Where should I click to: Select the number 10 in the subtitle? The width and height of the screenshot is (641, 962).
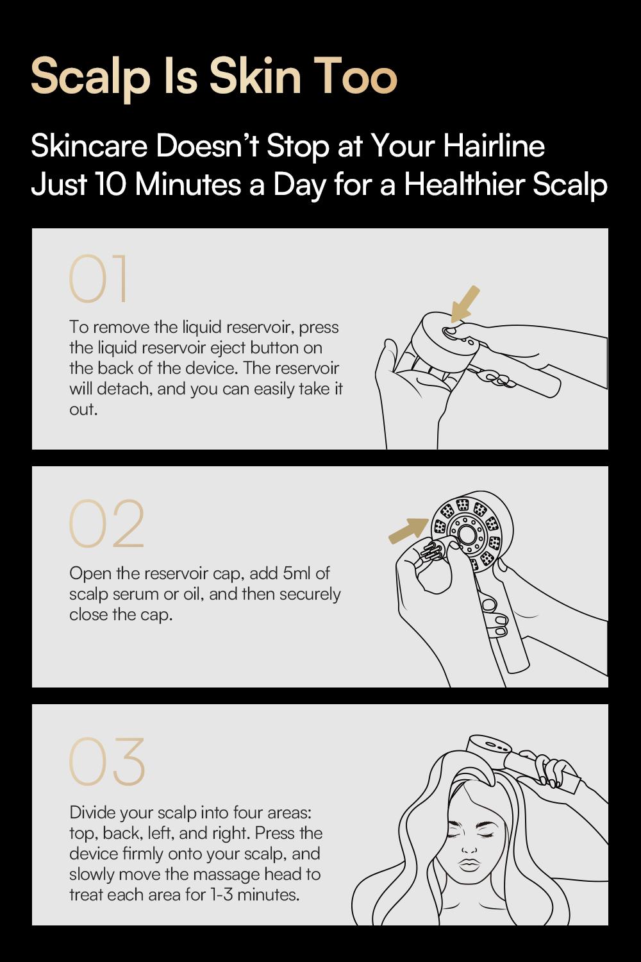click(114, 185)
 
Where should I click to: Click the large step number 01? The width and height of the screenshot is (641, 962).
click(99, 280)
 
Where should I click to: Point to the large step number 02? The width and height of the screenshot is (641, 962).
click(106, 524)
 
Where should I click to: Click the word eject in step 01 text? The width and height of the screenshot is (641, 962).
click(229, 348)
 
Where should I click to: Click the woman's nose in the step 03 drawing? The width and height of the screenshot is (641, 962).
click(470, 845)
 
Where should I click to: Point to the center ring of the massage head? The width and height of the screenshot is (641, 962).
click(464, 532)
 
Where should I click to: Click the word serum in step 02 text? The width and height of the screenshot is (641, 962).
click(136, 594)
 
